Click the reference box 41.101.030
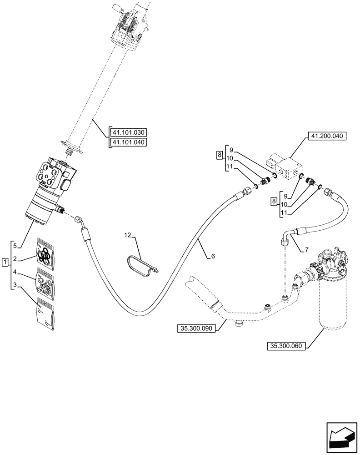click(x=129, y=133)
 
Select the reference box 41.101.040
click(x=129, y=143)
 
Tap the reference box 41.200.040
click(x=327, y=136)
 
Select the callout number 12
click(x=128, y=235)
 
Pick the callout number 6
click(x=213, y=257)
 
